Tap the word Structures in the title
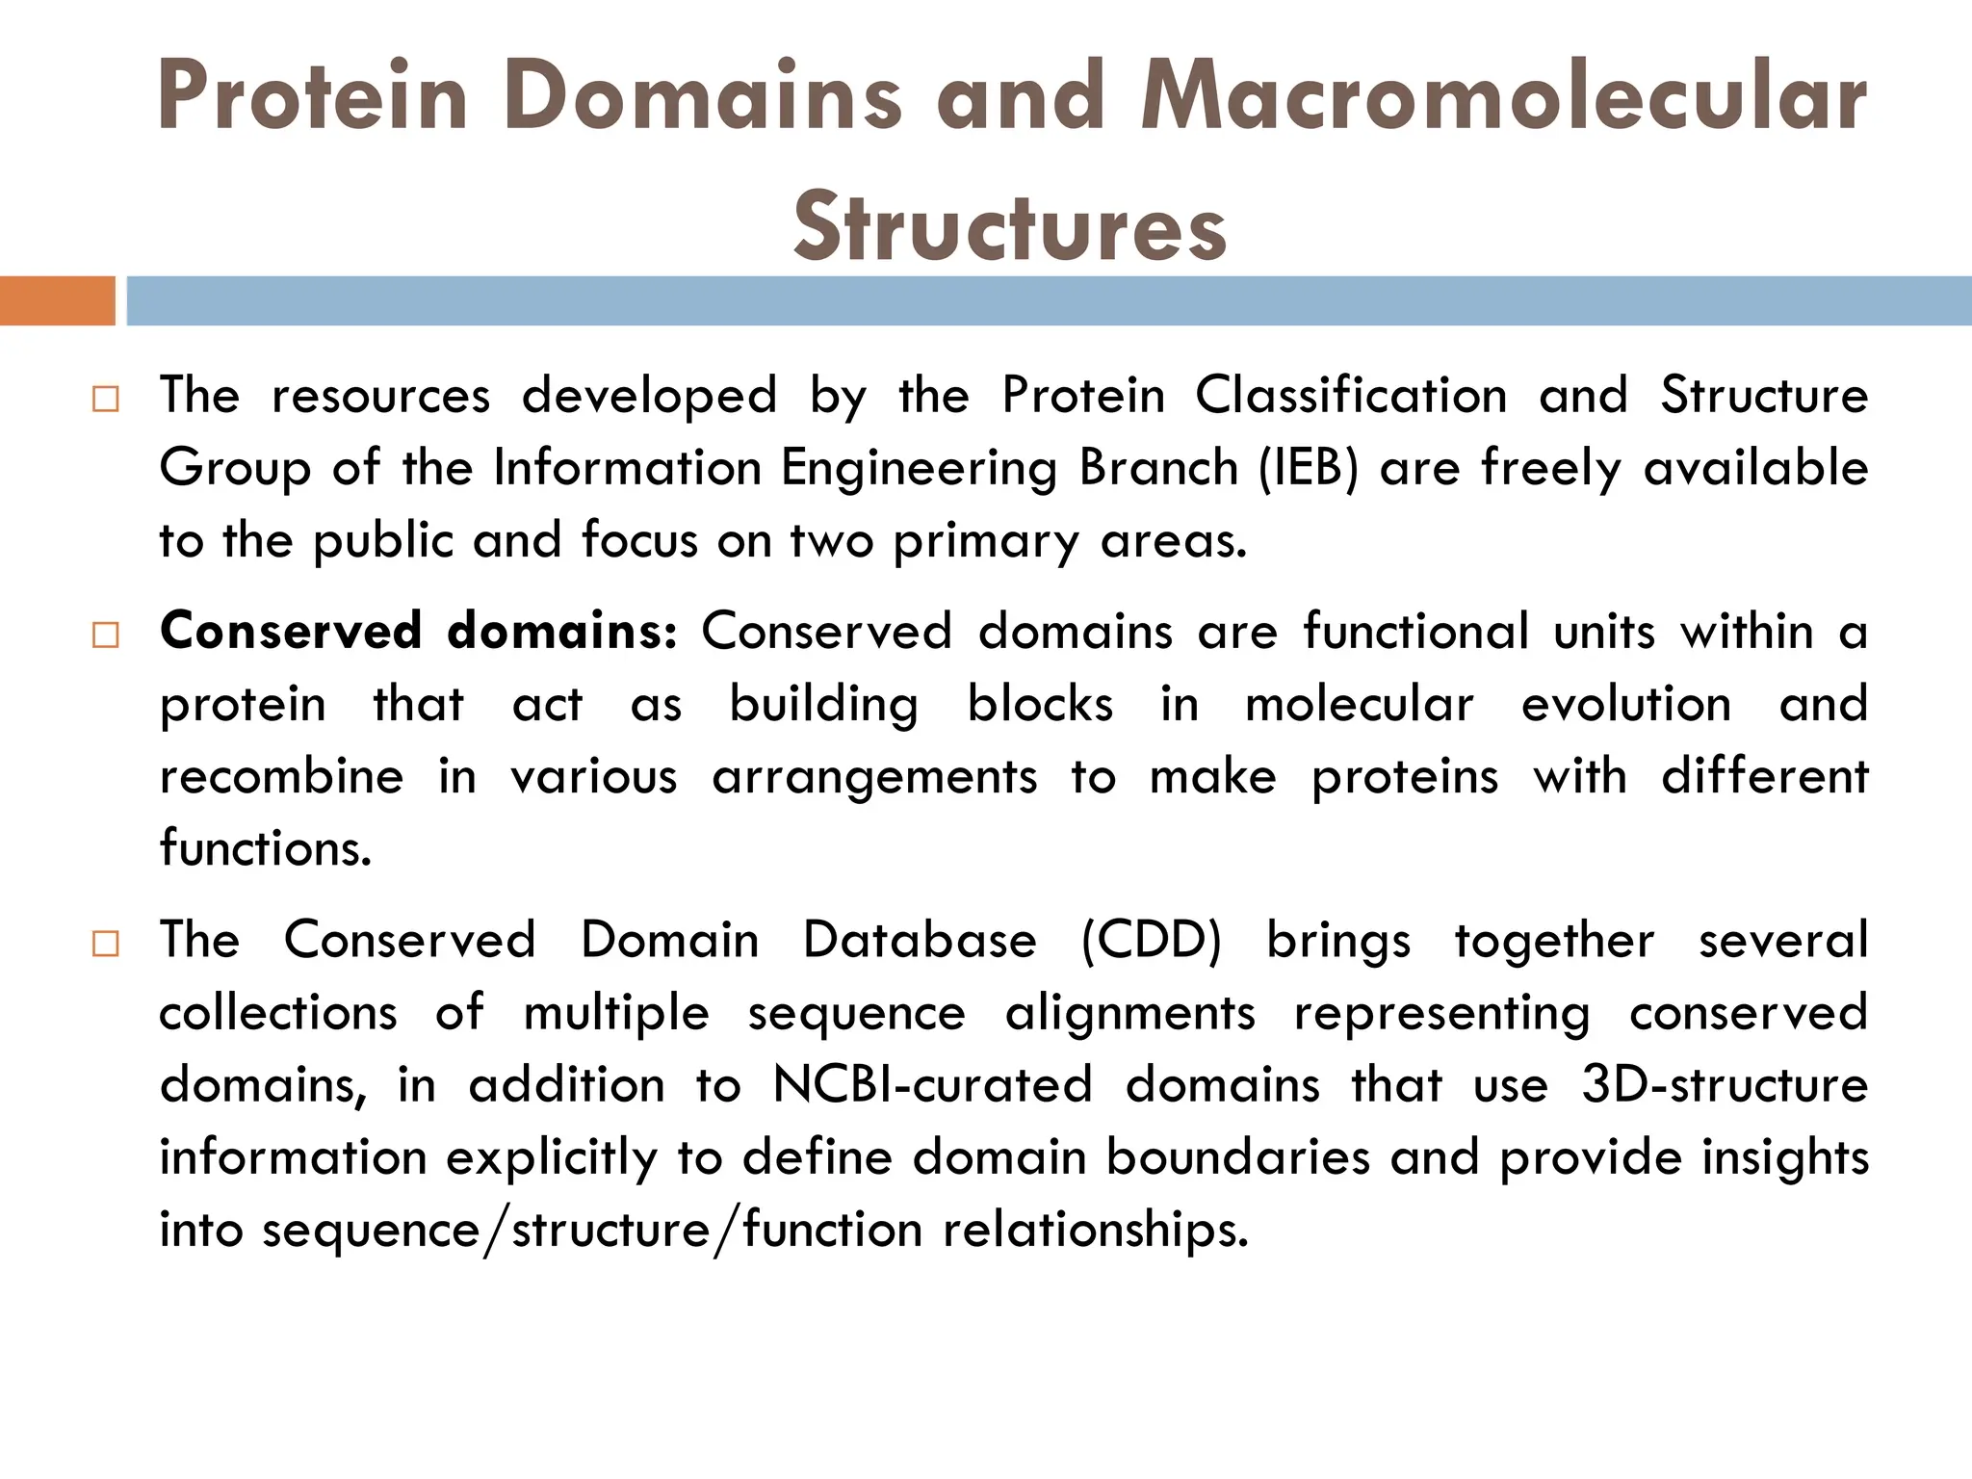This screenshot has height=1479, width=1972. click(1010, 226)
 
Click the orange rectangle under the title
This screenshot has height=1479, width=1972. click(57, 300)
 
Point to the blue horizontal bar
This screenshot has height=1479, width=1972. click(1049, 300)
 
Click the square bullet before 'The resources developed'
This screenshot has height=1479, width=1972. click(106, 400)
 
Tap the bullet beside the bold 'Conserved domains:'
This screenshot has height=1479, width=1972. click(106, 636)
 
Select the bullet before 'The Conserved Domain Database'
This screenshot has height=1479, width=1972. click(106, 944)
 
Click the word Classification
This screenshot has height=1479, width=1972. click(1351, 396)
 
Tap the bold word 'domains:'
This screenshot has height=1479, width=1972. click(562, 632)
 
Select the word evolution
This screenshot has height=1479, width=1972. click(1626, 704)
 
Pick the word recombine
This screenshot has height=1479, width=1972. click(281, 776)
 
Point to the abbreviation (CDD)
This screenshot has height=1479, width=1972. click(1151, 941)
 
